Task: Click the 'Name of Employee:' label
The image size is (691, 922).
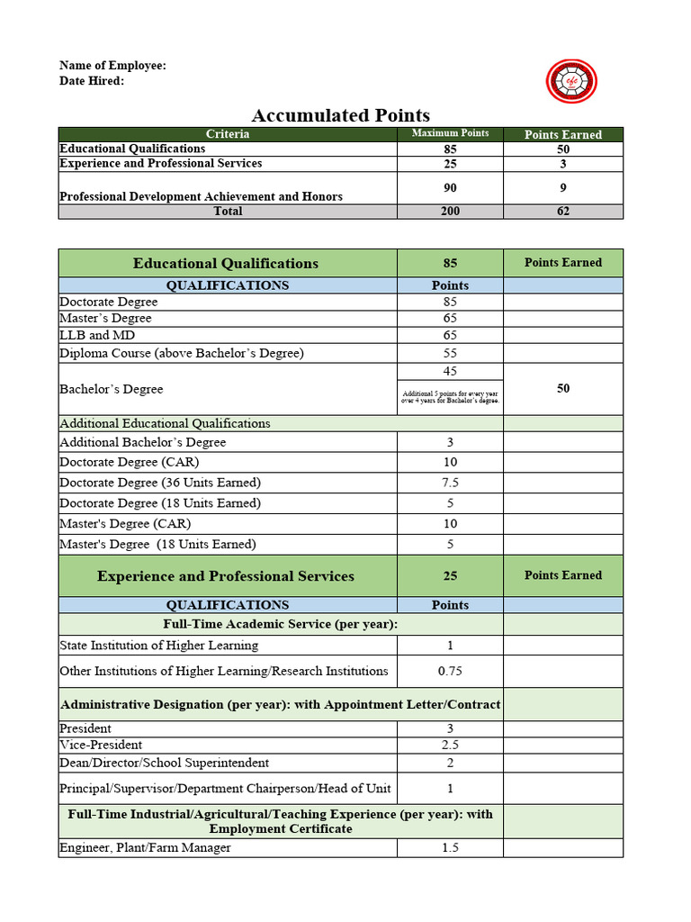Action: tap(112, 66)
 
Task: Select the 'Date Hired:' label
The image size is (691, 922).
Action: tap(92, 81)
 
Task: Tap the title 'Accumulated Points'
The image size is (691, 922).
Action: tap(340, 115)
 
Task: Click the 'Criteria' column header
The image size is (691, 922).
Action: tap(228, 134)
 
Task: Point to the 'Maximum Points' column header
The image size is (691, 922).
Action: tap(450, 133)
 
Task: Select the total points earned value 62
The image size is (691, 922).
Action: tap(563, 211)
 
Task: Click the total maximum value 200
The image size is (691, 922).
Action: tap(450, 211)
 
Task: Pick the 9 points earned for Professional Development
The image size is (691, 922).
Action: tap(563, 188)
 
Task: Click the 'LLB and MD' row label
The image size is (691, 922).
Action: tap(97, 335)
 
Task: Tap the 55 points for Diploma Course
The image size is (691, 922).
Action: tap(450, 353)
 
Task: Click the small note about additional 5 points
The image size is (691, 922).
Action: tap(450, 396)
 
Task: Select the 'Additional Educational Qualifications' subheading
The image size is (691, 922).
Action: tap(165, 423)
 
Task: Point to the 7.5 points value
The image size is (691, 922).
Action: tap(450, 483)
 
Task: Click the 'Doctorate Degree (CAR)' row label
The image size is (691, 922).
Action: tap(125, 462)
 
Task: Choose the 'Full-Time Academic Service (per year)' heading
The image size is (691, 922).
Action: tap(281, 624)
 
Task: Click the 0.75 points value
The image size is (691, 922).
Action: tap(450, 671)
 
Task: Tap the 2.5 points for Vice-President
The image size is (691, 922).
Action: tap(450, 745)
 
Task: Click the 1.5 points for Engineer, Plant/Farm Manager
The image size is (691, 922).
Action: tap(450, 847)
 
